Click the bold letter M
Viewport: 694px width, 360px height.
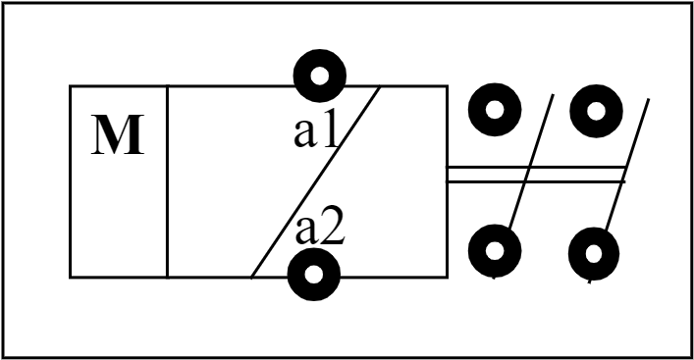(x=118, y=138)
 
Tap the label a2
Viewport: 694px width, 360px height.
(x=320, y=231)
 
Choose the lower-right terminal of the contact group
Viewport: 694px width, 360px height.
(x=595, y=254)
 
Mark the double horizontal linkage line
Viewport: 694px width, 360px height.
(x=536, y=174)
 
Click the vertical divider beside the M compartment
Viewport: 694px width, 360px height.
(x=168, y=181)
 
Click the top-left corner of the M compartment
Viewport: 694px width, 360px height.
(x=71, y=86)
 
